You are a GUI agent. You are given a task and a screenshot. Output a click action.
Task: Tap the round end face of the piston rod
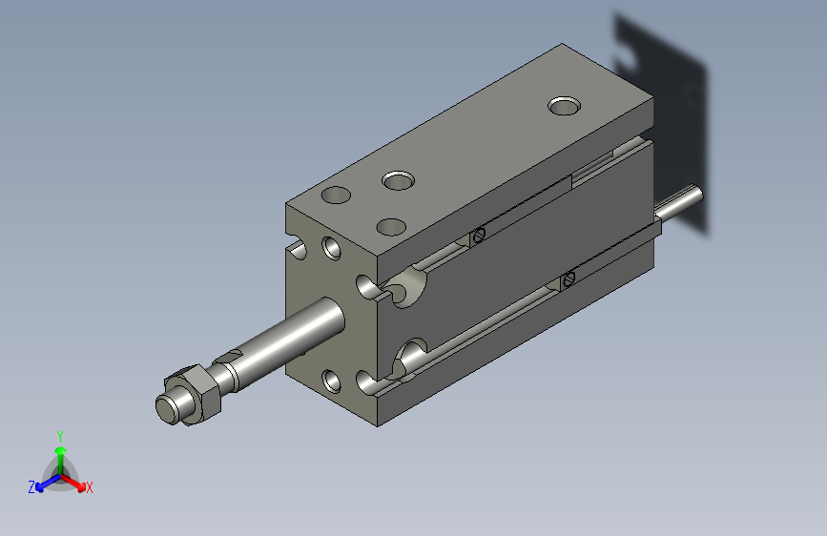(168, 407)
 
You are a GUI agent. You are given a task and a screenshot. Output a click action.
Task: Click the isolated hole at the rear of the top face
(566, 104)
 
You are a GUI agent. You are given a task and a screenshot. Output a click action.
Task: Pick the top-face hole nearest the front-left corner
(337, 196)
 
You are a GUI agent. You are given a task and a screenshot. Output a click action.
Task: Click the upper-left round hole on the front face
(331, 248)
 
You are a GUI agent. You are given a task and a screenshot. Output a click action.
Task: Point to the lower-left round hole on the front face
(331, 382)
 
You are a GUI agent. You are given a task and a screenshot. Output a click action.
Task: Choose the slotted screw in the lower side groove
(569, 278)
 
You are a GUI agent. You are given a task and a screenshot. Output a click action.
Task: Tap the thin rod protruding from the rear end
(683, 203)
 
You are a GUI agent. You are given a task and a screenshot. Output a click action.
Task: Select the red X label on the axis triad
(89, 487)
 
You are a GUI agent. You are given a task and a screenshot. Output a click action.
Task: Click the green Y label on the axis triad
(60, 435)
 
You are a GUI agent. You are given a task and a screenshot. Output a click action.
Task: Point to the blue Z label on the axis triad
(31, 487)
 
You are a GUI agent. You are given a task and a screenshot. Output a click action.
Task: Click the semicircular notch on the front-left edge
(298, 250)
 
